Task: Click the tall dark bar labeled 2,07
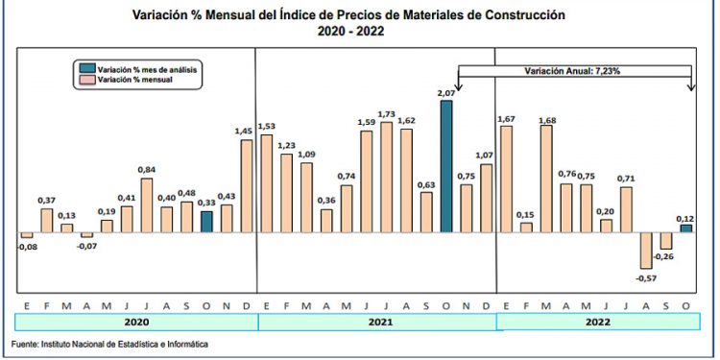[446, 167]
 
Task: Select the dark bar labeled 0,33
[206, 222]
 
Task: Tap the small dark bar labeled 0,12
[685, 228]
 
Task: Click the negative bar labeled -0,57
[645, 252]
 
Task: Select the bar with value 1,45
[247, 186]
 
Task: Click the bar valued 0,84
[147, 205]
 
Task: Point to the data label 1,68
[545, 120]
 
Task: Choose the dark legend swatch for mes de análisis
[86, 69]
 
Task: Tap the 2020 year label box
[137, 322]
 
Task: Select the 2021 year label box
[376, 322]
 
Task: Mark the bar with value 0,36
[326, 221]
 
